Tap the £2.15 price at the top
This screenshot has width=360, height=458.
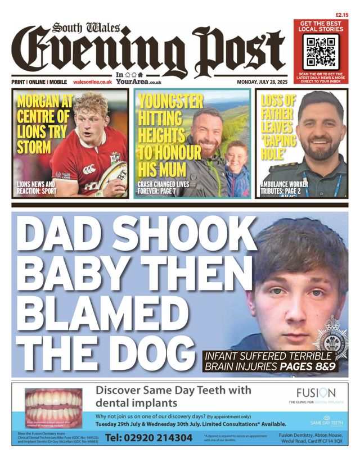[x=341, y=15]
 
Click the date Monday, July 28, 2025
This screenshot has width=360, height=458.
[x=262, y=82]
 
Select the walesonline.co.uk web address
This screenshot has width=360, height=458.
[x=92, y=82]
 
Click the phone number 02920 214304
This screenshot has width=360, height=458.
[x=148, y=438]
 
